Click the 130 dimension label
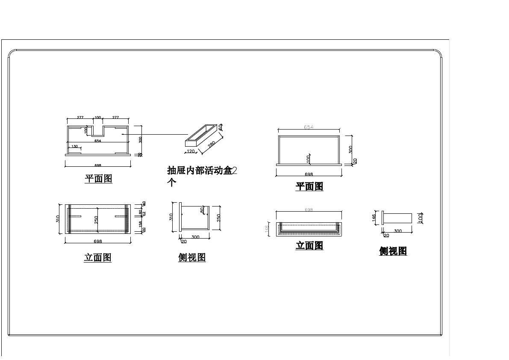click(75, 146)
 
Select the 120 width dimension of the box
click(191, 151)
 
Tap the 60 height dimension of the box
click(221, 127)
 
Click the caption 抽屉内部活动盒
click(200, 171)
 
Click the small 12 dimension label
click(144, 213)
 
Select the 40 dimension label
click(144, 204)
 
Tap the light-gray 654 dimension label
click(309, 127)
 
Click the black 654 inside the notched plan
click(97, 141)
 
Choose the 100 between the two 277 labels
click(98, 117)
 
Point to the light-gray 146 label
click(266, 229)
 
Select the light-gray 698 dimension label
click(309, 210)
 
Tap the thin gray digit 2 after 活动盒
click(234, 171)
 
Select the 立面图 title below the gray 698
click(309, 246)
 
